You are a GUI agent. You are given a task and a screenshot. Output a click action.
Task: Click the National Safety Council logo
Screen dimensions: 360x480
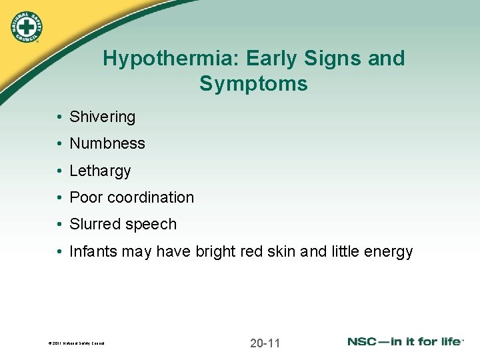pyautogui.click(x=26, y=27)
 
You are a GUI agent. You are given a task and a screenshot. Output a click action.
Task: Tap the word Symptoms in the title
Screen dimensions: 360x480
pyautogui.click(x=253, y=84)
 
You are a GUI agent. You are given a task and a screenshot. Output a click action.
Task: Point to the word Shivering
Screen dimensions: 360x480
pyautogui.click(x=102, y=117)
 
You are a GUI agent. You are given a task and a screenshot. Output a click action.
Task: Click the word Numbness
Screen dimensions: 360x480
pyautogui.click(x=107, y=143)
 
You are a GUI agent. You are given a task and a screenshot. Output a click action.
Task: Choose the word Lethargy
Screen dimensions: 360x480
pyautogui.click(x=100, y=171)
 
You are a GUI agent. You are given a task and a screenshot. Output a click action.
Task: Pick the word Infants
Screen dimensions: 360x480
pyautogui.click(x=93, y=251)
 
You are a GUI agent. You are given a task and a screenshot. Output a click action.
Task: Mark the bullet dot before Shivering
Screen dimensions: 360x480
pyautogui.click(x=59, y=117)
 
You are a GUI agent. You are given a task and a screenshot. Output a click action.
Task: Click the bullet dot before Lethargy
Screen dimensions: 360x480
pyautogui.click(x=59, y=171)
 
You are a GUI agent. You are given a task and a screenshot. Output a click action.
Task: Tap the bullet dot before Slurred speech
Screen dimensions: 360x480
pyautogui.click(x=59, y=225)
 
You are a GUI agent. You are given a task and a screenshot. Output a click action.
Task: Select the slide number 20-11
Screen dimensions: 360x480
pyautogui.click(x=265, y=343)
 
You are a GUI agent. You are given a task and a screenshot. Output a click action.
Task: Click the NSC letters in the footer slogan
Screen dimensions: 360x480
pyautogui.click(x=364, y=341)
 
